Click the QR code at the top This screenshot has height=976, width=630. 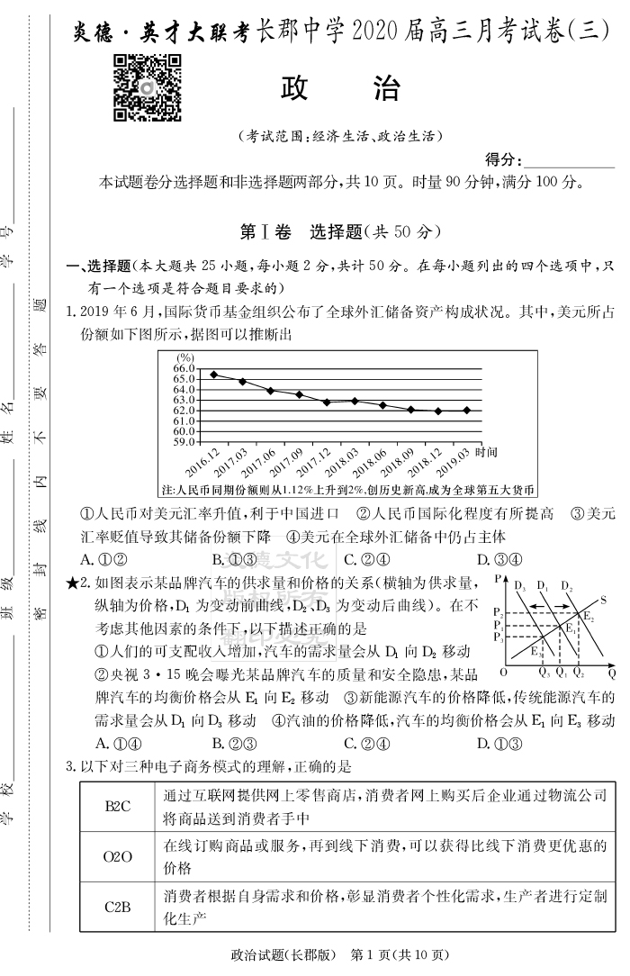tap(147, 87)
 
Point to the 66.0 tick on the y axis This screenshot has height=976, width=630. tap(184, 367)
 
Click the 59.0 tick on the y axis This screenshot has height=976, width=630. tap(184, 441)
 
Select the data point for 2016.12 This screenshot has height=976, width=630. tap(213, 375)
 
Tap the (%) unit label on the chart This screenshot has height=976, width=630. tap(186, 357)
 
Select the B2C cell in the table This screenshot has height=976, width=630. tap(118, 806)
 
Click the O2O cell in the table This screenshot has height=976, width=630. tap(118, 856)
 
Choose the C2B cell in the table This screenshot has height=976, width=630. tap(118, 907)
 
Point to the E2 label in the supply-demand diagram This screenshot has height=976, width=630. tap(589, 617)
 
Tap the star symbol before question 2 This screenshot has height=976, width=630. tap(73, 583)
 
